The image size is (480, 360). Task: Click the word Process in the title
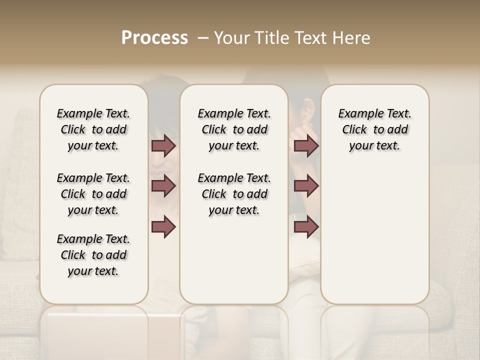tap(154, 38)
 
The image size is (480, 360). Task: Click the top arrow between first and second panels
tap(163, 146)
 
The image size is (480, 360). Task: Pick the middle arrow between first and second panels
tap(163, 186)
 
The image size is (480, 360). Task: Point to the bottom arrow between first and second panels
tap(163, 226)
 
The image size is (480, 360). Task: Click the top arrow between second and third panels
tap(306, 146)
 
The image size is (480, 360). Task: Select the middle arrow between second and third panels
tap(306, 186)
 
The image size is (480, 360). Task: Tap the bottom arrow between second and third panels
tap(306, 226)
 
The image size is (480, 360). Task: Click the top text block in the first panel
tap(93, 129)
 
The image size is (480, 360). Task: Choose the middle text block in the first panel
tap(93, 194)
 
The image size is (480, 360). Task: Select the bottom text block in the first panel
tap(93, 255)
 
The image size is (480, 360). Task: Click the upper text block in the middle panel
tap(234, 129)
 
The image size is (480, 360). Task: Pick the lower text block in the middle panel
tap(234, 194)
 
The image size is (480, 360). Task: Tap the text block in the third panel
tap(374, 129)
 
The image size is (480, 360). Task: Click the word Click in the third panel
tap(354, 130)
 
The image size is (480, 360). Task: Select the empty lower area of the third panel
tap(374, 240)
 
